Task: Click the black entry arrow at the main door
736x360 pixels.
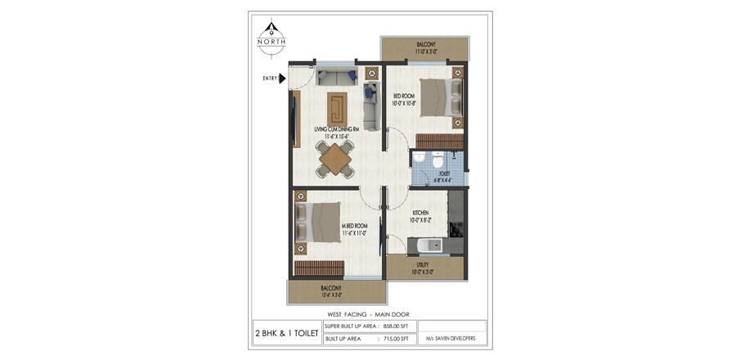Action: pos(282,79)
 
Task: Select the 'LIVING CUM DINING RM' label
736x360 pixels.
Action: pos(337,129)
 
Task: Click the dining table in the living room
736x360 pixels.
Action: pos(336,159)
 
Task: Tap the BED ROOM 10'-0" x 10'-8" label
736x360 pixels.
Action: pos(405,99)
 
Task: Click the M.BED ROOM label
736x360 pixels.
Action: pos(353,228)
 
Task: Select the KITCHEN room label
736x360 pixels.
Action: pos(421,215)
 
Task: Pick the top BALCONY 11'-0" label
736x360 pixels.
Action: pos(425,47)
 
